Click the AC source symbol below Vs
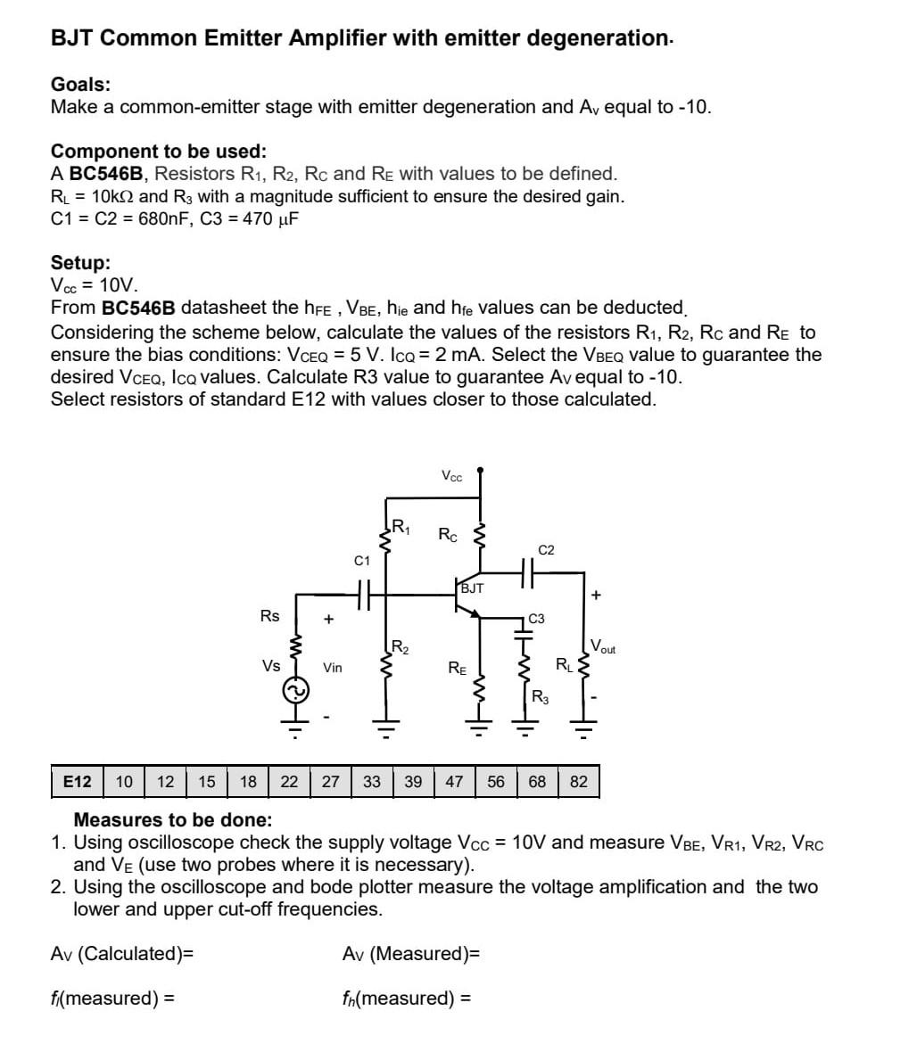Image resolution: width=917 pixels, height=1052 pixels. click(x=295, y=690)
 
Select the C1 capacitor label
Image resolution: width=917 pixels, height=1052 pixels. click(x=361, y=561)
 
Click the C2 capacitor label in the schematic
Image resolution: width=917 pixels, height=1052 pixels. click(x=547, y=550)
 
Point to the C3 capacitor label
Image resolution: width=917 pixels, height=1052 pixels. click(x=537, y=618)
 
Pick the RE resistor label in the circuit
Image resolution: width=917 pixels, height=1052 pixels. click(x=456, y=666)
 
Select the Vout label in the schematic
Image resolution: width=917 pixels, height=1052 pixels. click(x=603, y=647)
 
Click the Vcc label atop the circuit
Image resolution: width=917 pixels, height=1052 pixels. click(x=452, y=476)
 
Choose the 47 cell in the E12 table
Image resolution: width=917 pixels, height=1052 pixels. click(x=454, y=782)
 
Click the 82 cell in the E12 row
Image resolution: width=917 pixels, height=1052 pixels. click(x=579, y=782)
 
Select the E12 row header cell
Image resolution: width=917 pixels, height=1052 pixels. click(x=78, y=782)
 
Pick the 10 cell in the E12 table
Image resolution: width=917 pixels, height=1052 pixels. click(x=125, y=782)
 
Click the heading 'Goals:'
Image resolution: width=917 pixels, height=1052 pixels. click(x=81, y=85)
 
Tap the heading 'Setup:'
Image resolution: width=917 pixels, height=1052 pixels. click(x=81, y=263)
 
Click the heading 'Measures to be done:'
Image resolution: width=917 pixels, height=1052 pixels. click(x=172, y=819)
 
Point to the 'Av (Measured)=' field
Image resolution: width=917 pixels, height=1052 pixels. click(x=411, y=954)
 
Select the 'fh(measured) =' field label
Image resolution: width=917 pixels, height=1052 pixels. click(x=406, y=998)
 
